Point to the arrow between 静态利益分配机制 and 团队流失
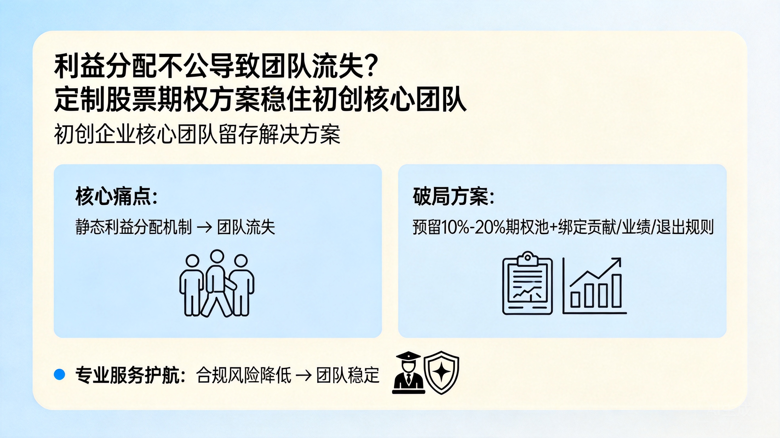[204, 227]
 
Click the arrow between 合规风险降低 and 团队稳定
[304, 375]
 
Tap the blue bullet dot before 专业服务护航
[59, 374]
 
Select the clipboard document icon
[527, 283]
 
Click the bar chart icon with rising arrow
[594, 286]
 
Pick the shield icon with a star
[441, 372]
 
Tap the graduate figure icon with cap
[408, 373]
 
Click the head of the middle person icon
[217, 257]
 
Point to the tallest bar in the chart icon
[616, 291]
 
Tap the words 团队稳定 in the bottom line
[348, 375]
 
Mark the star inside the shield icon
[441, 371]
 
